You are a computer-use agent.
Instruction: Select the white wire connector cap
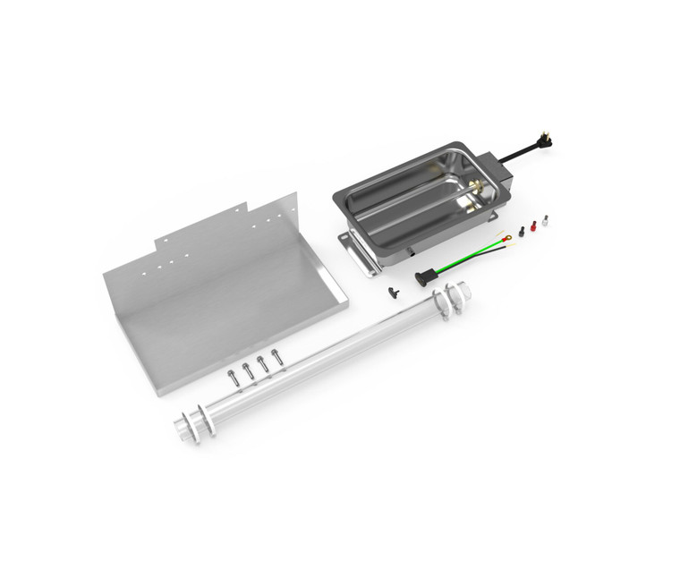[x=545, y=220]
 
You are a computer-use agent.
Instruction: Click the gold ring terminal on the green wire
[x=506, y=238]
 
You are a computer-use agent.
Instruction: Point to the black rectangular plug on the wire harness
[x=421, y=278]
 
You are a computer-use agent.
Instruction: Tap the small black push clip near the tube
[x=391, y=292]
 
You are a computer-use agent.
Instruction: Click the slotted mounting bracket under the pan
[x=355, y=252]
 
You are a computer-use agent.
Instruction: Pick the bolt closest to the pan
[x=276, y=357]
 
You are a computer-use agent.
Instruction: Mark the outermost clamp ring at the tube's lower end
[x=185, y=429]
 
